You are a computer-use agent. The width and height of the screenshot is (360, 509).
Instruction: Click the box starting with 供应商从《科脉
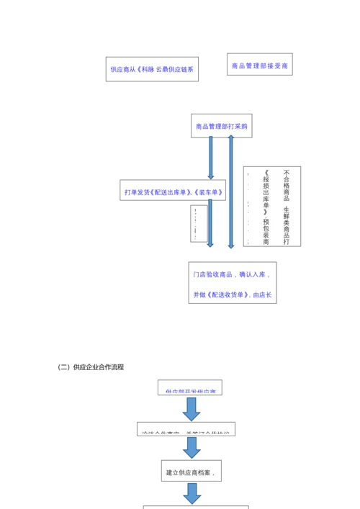click(152, 70)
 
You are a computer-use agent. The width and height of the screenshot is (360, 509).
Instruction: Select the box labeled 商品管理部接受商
click(259, 66)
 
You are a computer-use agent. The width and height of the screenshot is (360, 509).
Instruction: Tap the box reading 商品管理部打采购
click(221, 126)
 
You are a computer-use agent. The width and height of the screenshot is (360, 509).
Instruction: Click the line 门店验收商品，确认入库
click(232, 274)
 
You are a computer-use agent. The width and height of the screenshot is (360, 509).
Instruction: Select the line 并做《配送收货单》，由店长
click(232, 294)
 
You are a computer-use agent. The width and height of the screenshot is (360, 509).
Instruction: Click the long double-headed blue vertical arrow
click(231, 192)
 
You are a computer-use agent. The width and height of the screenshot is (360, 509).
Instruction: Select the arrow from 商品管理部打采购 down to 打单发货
click(211, 158)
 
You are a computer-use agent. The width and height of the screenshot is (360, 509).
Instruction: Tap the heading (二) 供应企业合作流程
click(91, 367)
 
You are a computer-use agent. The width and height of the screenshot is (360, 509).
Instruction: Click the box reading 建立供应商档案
click(191, 472)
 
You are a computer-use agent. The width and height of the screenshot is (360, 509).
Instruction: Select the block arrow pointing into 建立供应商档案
click(192, 447)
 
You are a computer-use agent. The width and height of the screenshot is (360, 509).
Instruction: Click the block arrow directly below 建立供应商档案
click(192, 493)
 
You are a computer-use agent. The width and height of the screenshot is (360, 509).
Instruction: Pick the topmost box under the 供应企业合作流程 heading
click(190, 388)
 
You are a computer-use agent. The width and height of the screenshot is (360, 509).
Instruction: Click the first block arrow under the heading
click(191, 408)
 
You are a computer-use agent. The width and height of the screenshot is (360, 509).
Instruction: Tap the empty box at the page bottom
click(196, 507)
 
